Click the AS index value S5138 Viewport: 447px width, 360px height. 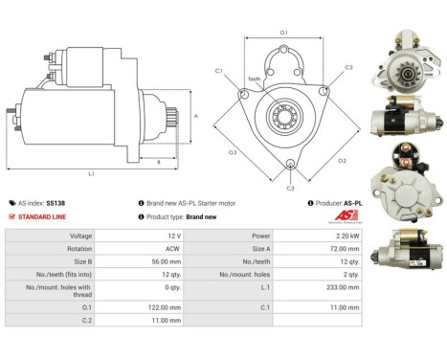point(59,203)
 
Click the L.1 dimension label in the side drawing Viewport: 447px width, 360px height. point(91,173)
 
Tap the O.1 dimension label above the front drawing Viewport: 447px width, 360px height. point(284,34)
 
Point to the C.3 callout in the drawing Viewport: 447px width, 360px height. point(290,189)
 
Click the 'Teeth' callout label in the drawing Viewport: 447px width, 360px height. point(254,79)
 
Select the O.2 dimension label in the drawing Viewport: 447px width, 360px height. point(343,160)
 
